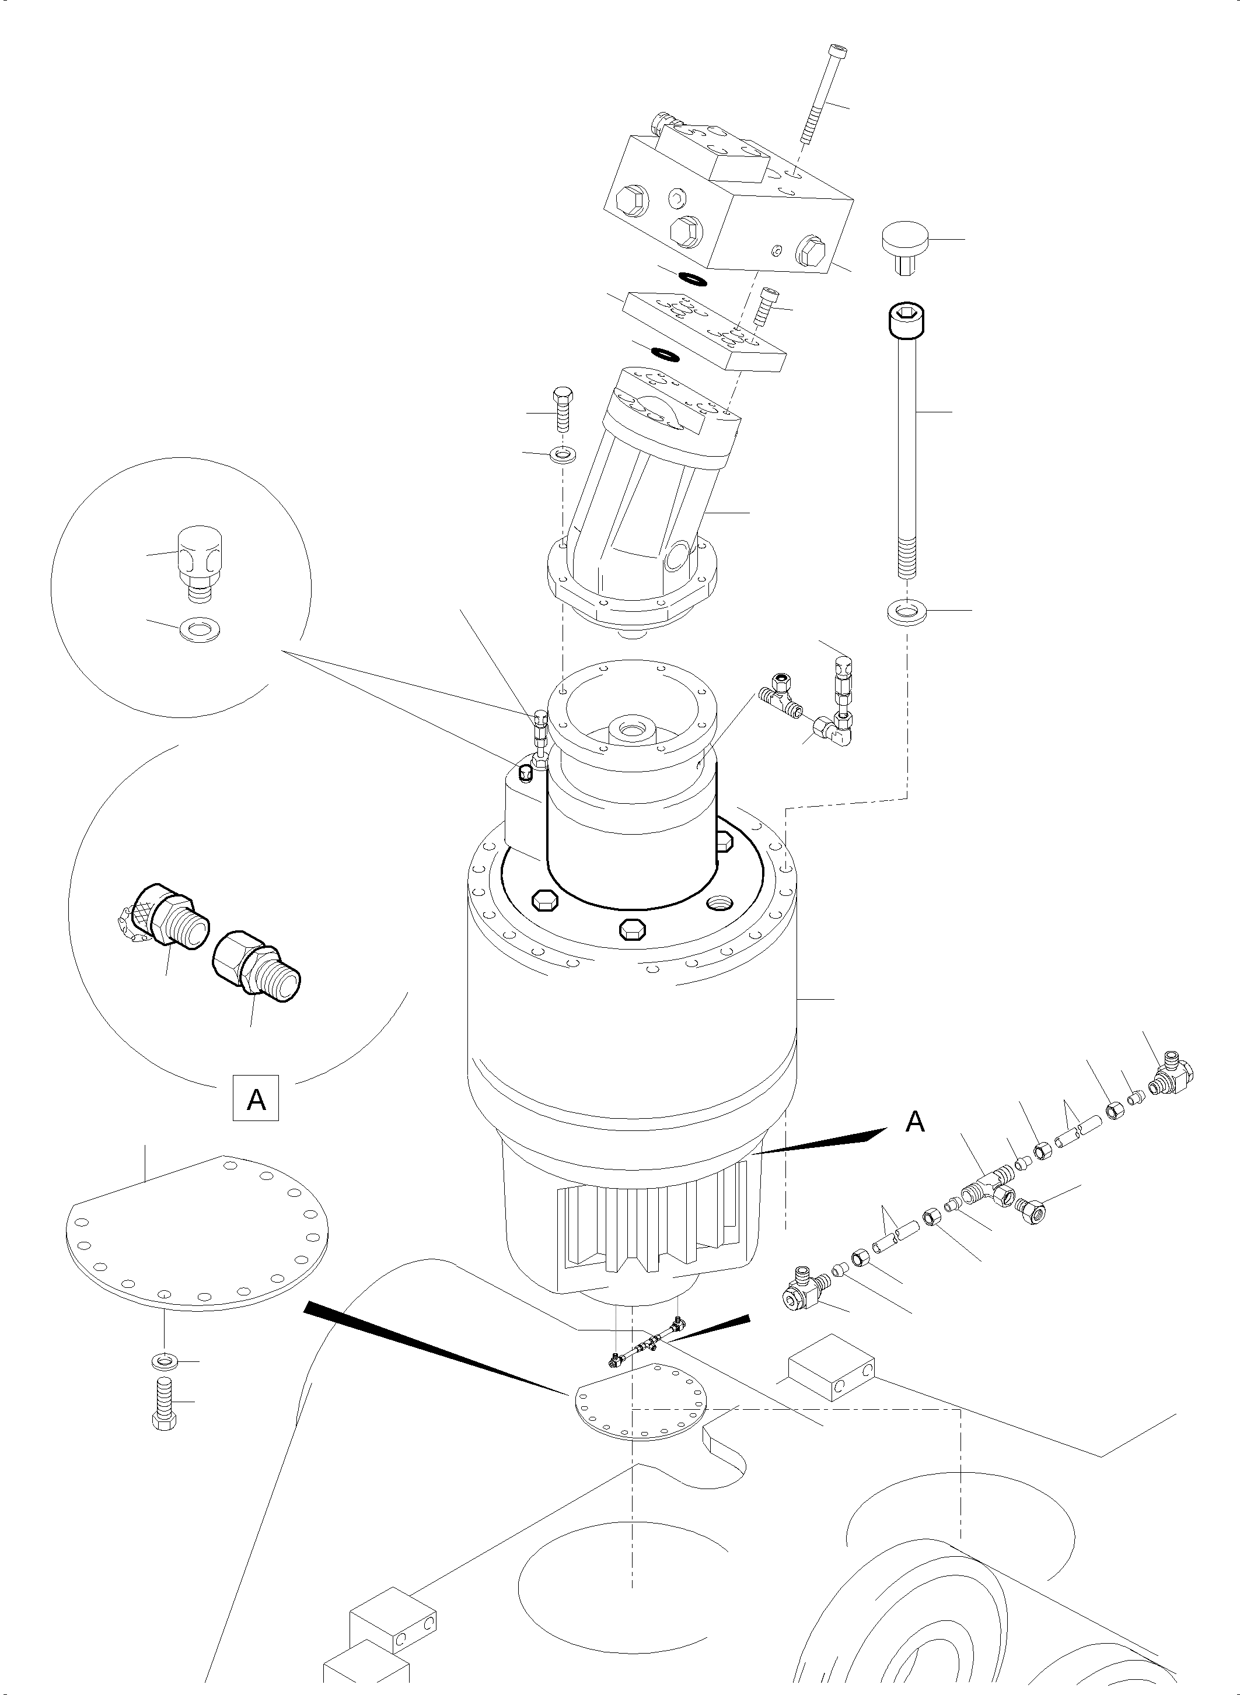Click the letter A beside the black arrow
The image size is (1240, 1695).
pyautogui.click(x=915, y=1122)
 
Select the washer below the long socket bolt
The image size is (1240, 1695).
pyautogui.click(x=907, y=611)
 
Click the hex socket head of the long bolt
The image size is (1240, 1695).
pyautogui.click(x=906, y=319)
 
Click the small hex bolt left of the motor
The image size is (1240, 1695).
pyautogui.click(x=562, y=408)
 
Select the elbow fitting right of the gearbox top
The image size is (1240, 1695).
pyautogui.click(x=834, y=726)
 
